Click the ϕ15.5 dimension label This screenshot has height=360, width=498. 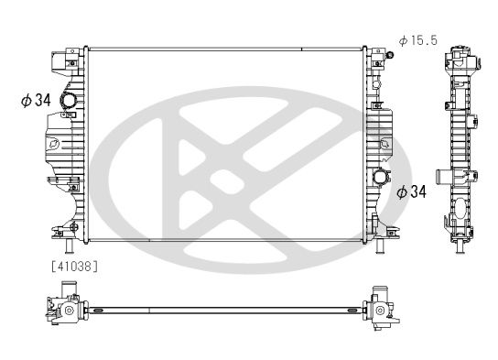pyautogui.click(x=418, y=40)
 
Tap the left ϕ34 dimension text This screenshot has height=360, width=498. pyautogui.click(x=36, y=100)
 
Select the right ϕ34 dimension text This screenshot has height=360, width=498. pyautogui.click(x=412, y=191)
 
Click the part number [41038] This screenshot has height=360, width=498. pyautogui.click(x=75, y=267)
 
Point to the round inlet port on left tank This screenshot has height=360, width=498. pyautogui.click(x=68, y=100)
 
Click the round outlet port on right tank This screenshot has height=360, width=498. pyautogui.click(x=381, y=177)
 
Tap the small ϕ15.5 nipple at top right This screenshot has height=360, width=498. pyautogui.click(x=389, y=55)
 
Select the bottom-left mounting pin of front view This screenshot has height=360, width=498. pyautogui.click(x=69, y=246)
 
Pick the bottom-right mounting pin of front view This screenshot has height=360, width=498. pyautogui.click(x=380, y=246)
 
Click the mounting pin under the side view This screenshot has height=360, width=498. pyautogui.click(x=460, y=246)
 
